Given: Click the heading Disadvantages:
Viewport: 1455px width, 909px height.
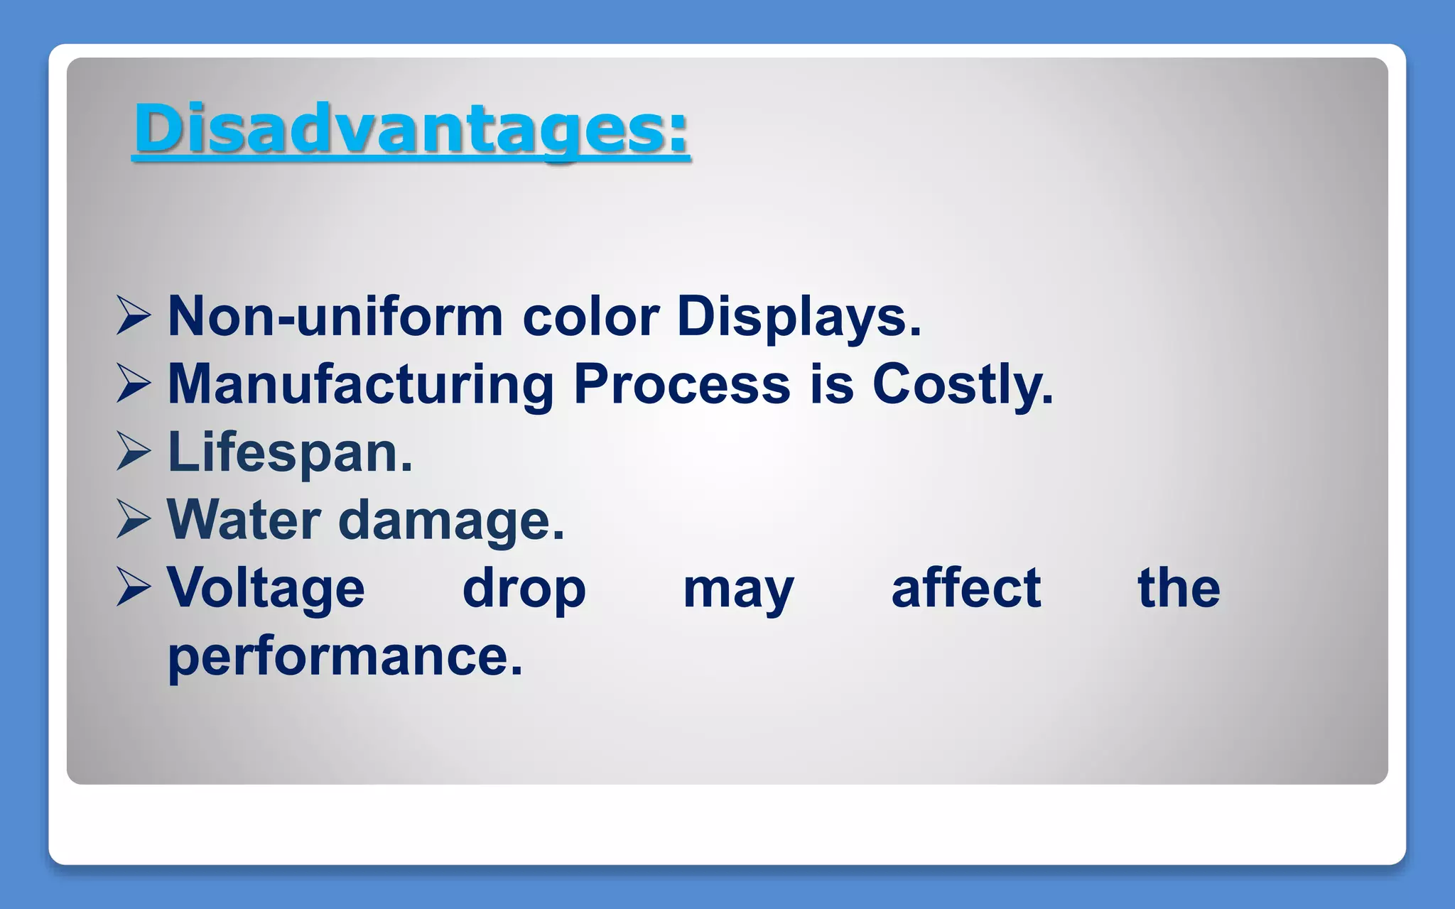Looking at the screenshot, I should point(411,129).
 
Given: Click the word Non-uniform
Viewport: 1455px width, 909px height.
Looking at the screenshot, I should point(335,316).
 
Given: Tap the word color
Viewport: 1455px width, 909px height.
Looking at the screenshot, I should point(590,316).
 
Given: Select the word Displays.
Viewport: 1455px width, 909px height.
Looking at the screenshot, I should point(799,316).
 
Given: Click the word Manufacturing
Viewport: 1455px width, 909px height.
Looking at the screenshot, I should point(360,384).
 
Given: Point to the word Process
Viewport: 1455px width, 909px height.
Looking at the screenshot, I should point(681,384).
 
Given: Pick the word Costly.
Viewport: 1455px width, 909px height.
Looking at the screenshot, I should point(963,384).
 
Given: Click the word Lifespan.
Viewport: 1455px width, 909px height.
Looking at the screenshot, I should point(290,452).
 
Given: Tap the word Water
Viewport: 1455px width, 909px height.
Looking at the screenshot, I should point(244,520).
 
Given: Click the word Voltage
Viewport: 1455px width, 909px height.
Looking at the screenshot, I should point(266,588).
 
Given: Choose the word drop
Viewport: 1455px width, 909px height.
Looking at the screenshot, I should point(524,588).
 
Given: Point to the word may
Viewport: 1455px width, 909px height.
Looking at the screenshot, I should point(738,589).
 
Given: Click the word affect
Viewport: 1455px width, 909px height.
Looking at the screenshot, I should point(966,588).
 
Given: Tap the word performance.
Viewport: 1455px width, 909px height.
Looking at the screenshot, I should point(345,656).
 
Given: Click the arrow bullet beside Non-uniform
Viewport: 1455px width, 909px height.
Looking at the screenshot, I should point(134,316).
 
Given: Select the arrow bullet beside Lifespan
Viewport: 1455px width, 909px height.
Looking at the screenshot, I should point(134,452).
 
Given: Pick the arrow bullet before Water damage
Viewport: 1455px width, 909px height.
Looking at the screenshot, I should point(134,520).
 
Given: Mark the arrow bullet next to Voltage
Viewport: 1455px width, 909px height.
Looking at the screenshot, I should point(134,588).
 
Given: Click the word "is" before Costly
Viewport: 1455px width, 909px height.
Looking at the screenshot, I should point(831,384).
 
